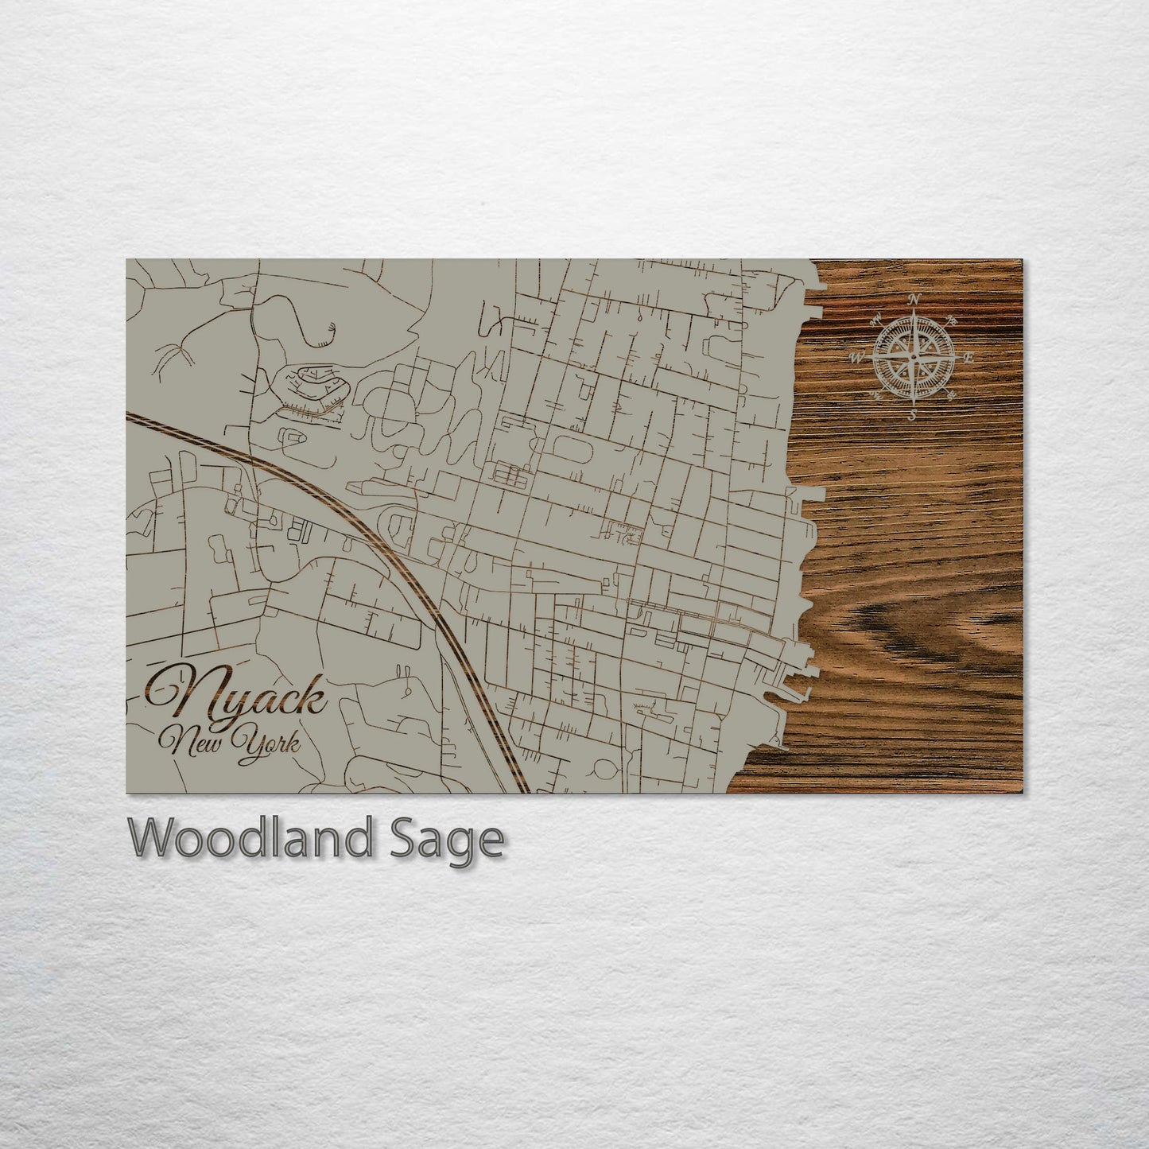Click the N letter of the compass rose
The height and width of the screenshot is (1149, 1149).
[914, 300]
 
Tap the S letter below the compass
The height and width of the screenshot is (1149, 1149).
[913, 414]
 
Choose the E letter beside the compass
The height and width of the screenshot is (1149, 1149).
[969, 358]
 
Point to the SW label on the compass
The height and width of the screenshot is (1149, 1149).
[877, 394]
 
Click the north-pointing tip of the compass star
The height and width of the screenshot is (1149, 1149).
[914, 312]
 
